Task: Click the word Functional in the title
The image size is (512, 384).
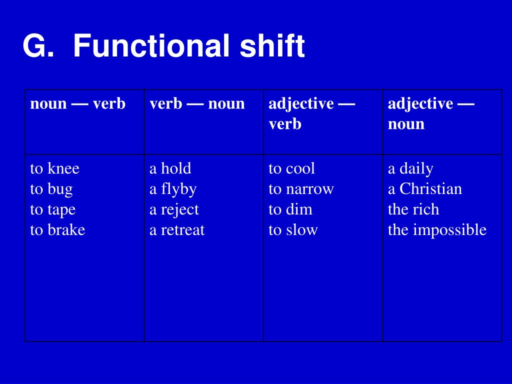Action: click(151, 46)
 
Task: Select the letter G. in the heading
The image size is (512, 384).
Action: click(38, 46)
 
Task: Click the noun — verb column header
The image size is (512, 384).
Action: click(77, 104)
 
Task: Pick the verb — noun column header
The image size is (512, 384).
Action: click(197, 104)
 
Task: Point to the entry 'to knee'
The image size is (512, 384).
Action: click(54, 168)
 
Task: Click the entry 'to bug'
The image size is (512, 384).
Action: click(51, 189)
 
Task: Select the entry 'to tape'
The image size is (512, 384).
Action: click(52, 209)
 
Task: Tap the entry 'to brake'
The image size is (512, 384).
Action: click(57, 230)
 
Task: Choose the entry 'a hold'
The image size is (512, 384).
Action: click(170, 168)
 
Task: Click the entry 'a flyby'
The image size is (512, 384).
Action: click(172, 189)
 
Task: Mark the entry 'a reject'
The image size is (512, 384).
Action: click(174, 209)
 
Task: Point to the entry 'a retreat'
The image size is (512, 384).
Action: click(177, 230)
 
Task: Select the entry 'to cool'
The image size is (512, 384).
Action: click(291, 168)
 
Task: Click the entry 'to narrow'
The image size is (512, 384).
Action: click(301, 189)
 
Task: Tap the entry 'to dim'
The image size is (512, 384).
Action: click(290, 209)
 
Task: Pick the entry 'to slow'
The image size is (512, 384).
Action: click(293, 230)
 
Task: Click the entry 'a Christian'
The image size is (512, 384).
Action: click(424, 189)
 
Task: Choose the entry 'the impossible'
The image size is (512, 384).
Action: click(437, 230)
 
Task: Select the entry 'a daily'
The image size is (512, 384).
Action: click(410, 168)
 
